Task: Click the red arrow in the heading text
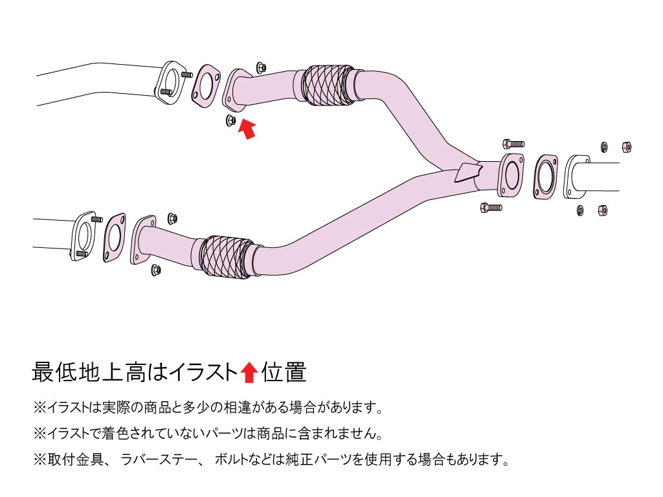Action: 249,372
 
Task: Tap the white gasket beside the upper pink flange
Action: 205,85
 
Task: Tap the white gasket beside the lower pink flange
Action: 114,237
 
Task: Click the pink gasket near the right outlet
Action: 546,177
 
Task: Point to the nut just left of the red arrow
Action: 230,120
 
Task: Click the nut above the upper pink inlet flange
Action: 261,67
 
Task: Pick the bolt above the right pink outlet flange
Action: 513,143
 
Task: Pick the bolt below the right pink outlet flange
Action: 491,208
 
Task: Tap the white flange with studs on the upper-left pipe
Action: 169,82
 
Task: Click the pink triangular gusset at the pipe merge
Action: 468,172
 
